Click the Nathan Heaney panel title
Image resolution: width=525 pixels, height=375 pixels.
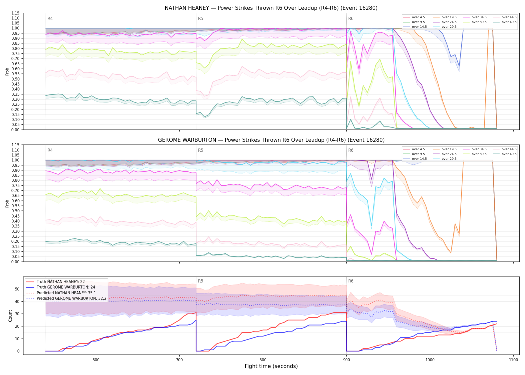(271, 8)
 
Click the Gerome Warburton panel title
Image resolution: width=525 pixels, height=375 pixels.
(271, 140)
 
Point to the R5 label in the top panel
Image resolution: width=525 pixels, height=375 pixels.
(200, 18)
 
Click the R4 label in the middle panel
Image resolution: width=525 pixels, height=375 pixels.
(50, 150)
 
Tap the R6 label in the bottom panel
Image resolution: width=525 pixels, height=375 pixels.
(351, 281)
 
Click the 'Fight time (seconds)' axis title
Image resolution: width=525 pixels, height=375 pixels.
(271, 366)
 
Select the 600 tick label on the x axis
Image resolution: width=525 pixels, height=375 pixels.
(96, 360)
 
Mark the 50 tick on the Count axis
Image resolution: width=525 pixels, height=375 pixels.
(17, 289)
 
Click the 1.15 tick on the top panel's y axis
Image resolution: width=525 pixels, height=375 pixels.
(15, 13)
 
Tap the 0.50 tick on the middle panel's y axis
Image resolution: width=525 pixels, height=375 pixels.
(15, 211)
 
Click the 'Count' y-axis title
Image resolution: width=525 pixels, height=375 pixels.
(10, 316)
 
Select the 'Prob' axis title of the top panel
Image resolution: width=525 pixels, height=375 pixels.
(7, 71)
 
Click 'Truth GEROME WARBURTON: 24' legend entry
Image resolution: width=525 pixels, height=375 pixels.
(66, 287)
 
